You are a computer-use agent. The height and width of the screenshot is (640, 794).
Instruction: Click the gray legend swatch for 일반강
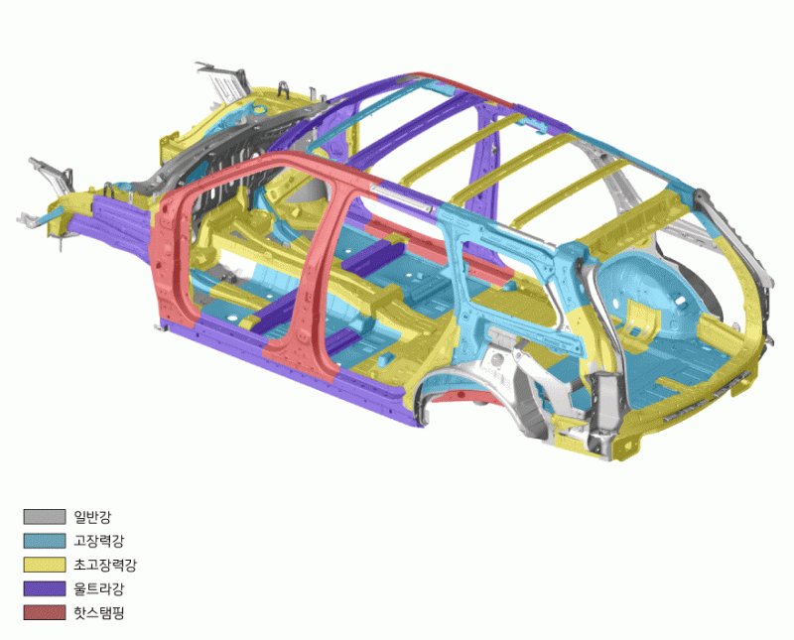(45, 516)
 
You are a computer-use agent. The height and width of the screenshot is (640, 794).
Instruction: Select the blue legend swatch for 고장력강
(45, 541)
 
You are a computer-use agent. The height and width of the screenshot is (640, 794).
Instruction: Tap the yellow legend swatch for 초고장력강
(45, 565)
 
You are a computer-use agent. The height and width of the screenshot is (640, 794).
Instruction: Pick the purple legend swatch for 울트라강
(45, 588)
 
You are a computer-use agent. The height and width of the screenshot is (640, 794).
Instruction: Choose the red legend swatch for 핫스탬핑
(45, 612)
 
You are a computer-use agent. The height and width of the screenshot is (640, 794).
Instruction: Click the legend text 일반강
(92, 517)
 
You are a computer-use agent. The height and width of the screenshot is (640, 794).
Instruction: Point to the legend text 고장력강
(98, 541)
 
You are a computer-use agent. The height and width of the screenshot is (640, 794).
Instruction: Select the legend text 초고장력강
(105, 565)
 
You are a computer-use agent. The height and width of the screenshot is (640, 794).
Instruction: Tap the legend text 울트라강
(98, 588)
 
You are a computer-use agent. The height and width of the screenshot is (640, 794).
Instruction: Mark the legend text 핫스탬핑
(98, 612)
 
